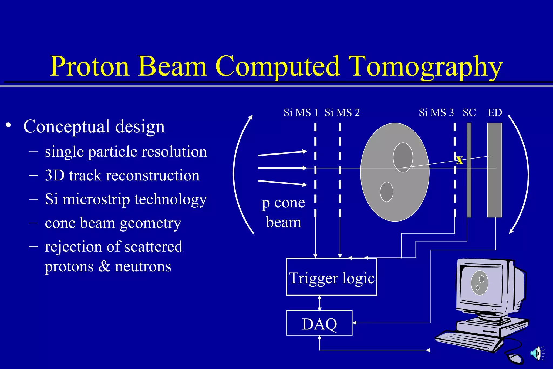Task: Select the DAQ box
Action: (x=319, y=323)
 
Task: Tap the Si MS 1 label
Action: (x=301, y=113)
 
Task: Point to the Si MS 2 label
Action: (x=342, y=113)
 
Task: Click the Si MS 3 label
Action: (x=436, y=113)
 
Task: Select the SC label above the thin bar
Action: (x=469, y=113)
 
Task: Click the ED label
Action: (x=495, y=113)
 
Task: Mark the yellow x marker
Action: (x=460, y=160)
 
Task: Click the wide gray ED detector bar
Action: (x=494, y=189)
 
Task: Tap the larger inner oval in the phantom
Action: (x=403, y=157)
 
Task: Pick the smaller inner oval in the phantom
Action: (x=386, y=192)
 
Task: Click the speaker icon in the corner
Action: (x=537, y=353)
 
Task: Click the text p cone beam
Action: (x=283, y=212)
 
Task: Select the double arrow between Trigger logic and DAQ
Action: (x=320, y=303)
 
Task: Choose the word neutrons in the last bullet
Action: (x=143, y=267)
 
